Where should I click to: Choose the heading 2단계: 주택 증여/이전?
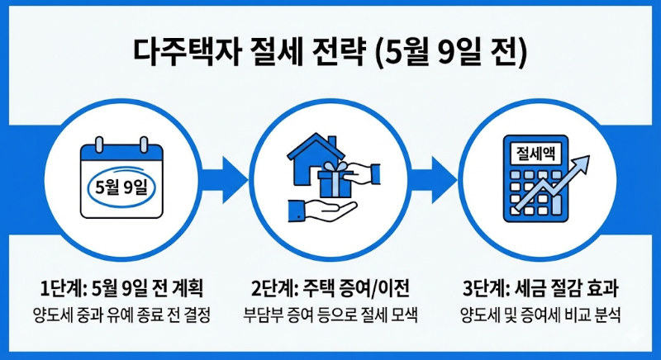click(330, 288)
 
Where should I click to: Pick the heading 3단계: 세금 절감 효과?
click(540, 288)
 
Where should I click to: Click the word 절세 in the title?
click(273, 50)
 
